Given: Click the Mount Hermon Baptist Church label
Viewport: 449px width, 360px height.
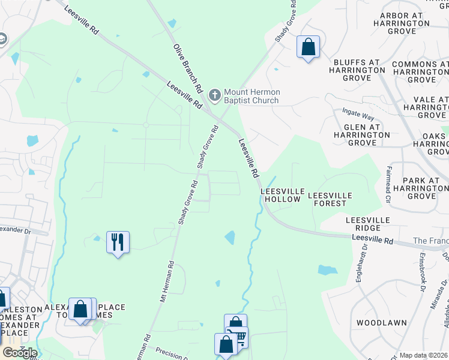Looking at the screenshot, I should (x=251, y=96).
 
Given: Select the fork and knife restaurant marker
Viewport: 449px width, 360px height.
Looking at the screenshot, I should (x=118, y=242).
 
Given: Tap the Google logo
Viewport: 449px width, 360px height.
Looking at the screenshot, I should (x=19, y=353).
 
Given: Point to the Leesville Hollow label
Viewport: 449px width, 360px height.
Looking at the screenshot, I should (x=280, y=195).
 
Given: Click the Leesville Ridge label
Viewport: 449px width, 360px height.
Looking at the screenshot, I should (x=363, y=224).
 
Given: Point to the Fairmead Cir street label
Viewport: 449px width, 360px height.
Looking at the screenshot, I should (x=389, y=184).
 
